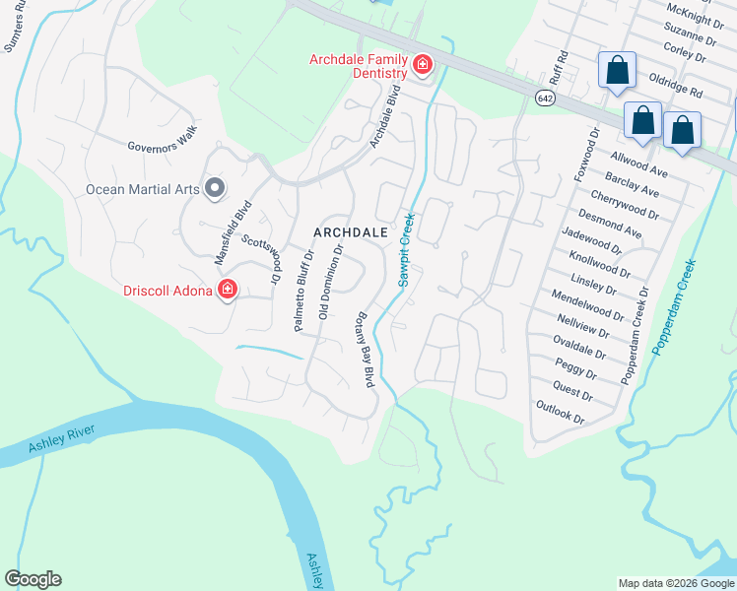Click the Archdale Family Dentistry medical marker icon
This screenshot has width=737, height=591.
pyautogui.click(x=423, y=66)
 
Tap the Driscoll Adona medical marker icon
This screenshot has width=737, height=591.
pyautogui.click(x=228, y=289)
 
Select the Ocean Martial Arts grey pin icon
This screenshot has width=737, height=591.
pyautogui.click(x=216, y=189)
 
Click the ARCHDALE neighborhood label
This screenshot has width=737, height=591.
pyautogui.click(x=351, y=232)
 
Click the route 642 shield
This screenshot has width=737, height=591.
pyautogui.click(x=545, y=98)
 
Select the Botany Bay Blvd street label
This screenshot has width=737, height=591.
pyautogui.click(x=364, y=349)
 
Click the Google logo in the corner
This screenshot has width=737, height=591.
pyautogui.click(x=33, y=579)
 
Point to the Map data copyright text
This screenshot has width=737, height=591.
pyautogui.click(x=675, y=583)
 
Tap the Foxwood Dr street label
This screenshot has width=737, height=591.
pyautogui.click(x=587, y=154)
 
